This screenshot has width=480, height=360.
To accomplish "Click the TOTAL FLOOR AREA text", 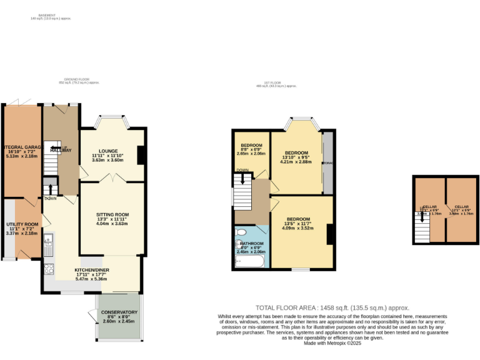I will coord(332,307).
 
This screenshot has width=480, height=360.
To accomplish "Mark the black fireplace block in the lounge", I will coord(141,154).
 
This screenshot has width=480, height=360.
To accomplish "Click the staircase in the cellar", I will coord(423,233).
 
